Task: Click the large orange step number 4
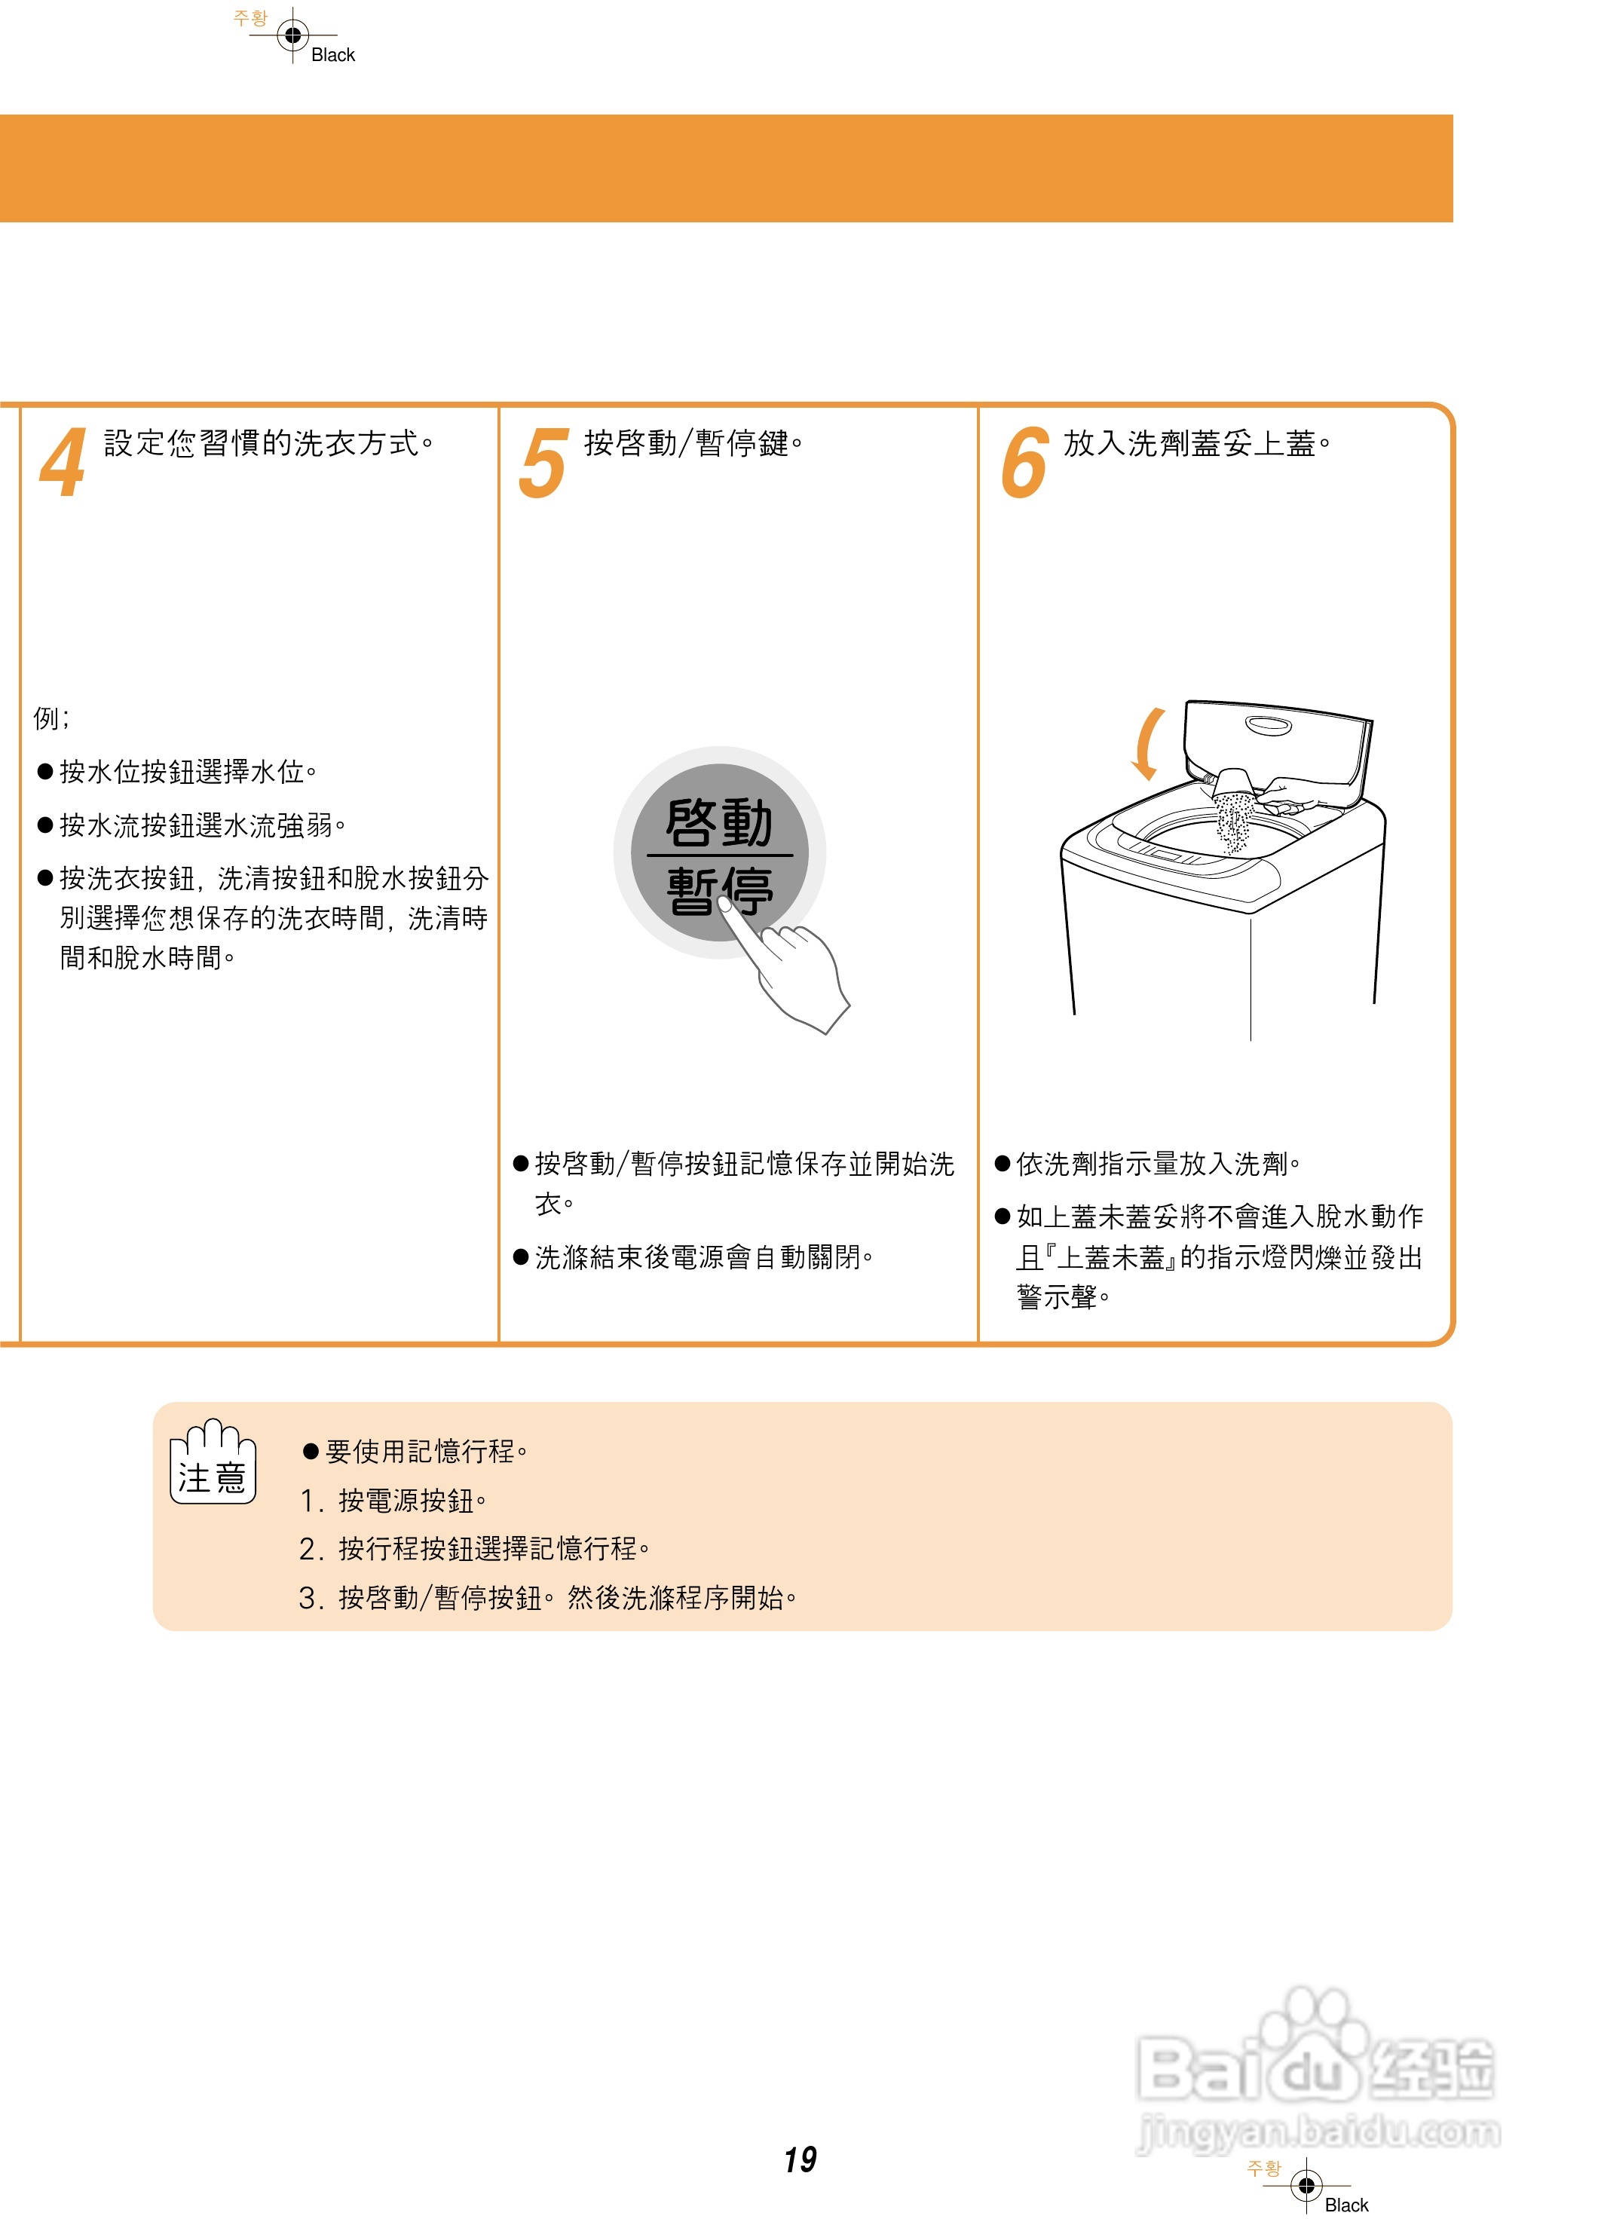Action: (63, 464)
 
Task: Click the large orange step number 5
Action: (543, 464)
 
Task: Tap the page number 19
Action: (800, 2159)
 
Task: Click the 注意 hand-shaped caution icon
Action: (213, 1461)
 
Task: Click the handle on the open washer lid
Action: (1269, 725)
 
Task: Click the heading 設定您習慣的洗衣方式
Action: (268, 444)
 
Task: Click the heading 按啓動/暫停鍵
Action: (693, 444)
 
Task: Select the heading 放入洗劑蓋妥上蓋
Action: (1196, 444)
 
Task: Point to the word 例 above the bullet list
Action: (46, 718)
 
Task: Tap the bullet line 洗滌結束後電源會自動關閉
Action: (703, 1257)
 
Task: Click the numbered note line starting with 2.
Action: (474, 1548)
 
